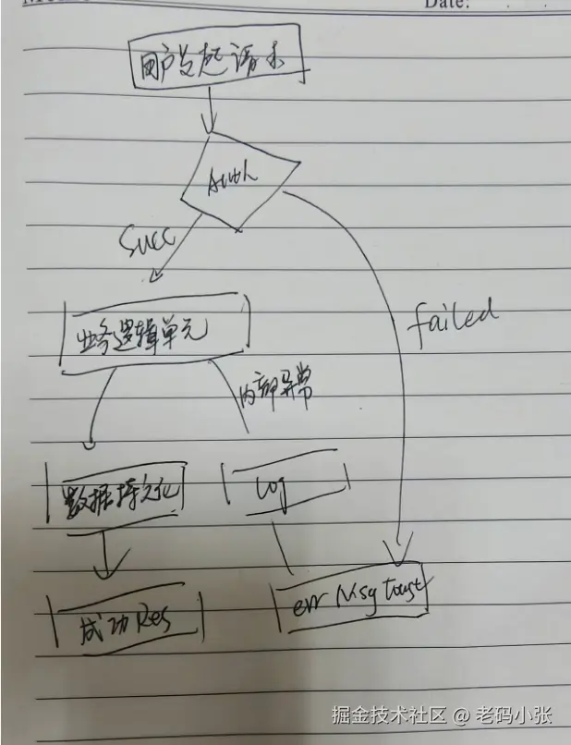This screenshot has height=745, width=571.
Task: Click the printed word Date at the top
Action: (446, 5)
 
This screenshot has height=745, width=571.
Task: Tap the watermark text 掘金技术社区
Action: (388, 715)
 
